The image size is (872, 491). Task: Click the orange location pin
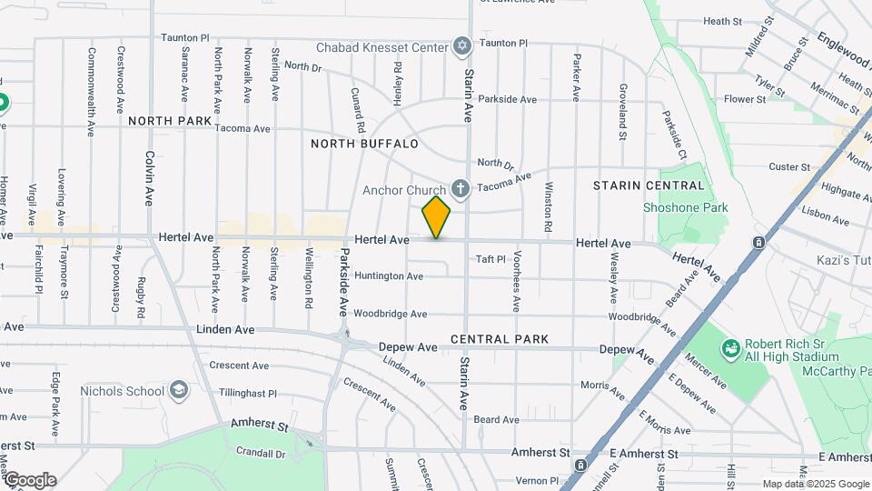pyautogui.click(x=436, y=216)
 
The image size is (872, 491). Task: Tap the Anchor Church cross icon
pyautogui.click(x=461, y=189)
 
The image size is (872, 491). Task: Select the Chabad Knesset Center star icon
pyautogui.click(x=461, y=46)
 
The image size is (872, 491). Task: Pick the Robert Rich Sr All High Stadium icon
pyautogui.click(x=730, y=348)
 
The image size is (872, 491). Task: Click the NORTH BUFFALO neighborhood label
pyautogui.click(x=364, y=144)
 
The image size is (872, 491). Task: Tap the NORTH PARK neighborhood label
pyautogui.click(x=170, y=121)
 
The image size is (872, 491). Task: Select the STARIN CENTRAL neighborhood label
pyautogui.click(x=637, y=185)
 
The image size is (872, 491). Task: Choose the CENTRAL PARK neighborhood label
pyautogui.click(x=500, y=339)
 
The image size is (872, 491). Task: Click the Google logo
pyautogui.click(x=29, y=480)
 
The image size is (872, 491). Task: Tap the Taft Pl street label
pyautogui.click(x=490, y=259)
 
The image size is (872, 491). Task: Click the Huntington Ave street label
pyautogui.click(x=389, y=276)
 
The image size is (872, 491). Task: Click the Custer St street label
pyautogui.click(x=788, y=167)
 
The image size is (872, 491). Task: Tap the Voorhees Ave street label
pyautogui.click(x=516, y=281)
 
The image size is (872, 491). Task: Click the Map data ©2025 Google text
pyautogui.click(x=814, y=484)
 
